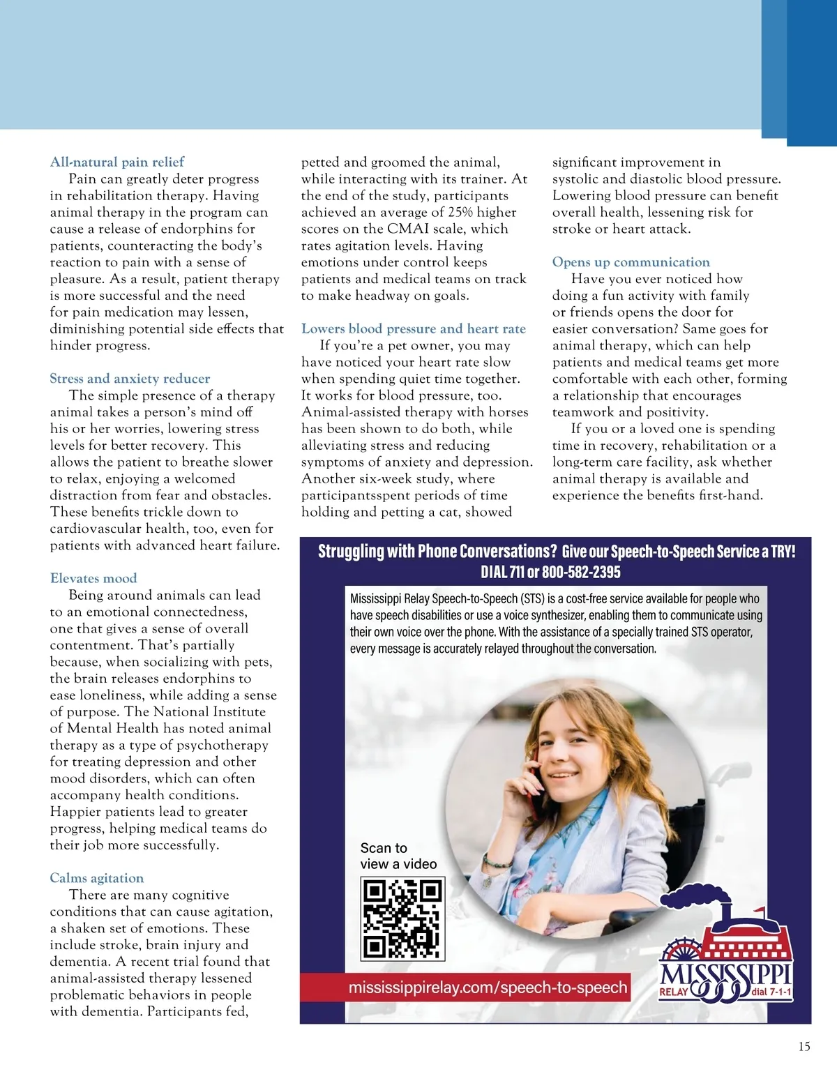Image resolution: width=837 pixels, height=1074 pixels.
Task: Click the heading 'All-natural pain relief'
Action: click(117, 162)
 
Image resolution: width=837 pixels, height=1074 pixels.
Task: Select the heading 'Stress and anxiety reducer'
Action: click(130, 379)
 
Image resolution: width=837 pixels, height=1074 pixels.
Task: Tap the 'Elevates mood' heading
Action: click(93, 578)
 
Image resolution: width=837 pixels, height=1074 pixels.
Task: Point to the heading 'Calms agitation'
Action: click(97, 878)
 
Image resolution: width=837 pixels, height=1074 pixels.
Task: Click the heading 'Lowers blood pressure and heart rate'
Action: click(414, 328)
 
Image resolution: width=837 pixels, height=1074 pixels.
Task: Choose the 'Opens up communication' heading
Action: click(631, 262)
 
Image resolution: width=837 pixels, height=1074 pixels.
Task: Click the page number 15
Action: click(804, 1046)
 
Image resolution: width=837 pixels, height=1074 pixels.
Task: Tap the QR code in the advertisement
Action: click(402, 918)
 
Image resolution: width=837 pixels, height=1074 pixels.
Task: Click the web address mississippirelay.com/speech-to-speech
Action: click(488, 988)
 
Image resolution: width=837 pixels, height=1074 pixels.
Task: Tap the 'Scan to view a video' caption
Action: click(398, 856)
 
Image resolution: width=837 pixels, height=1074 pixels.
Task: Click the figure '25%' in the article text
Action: click(461, 212)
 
